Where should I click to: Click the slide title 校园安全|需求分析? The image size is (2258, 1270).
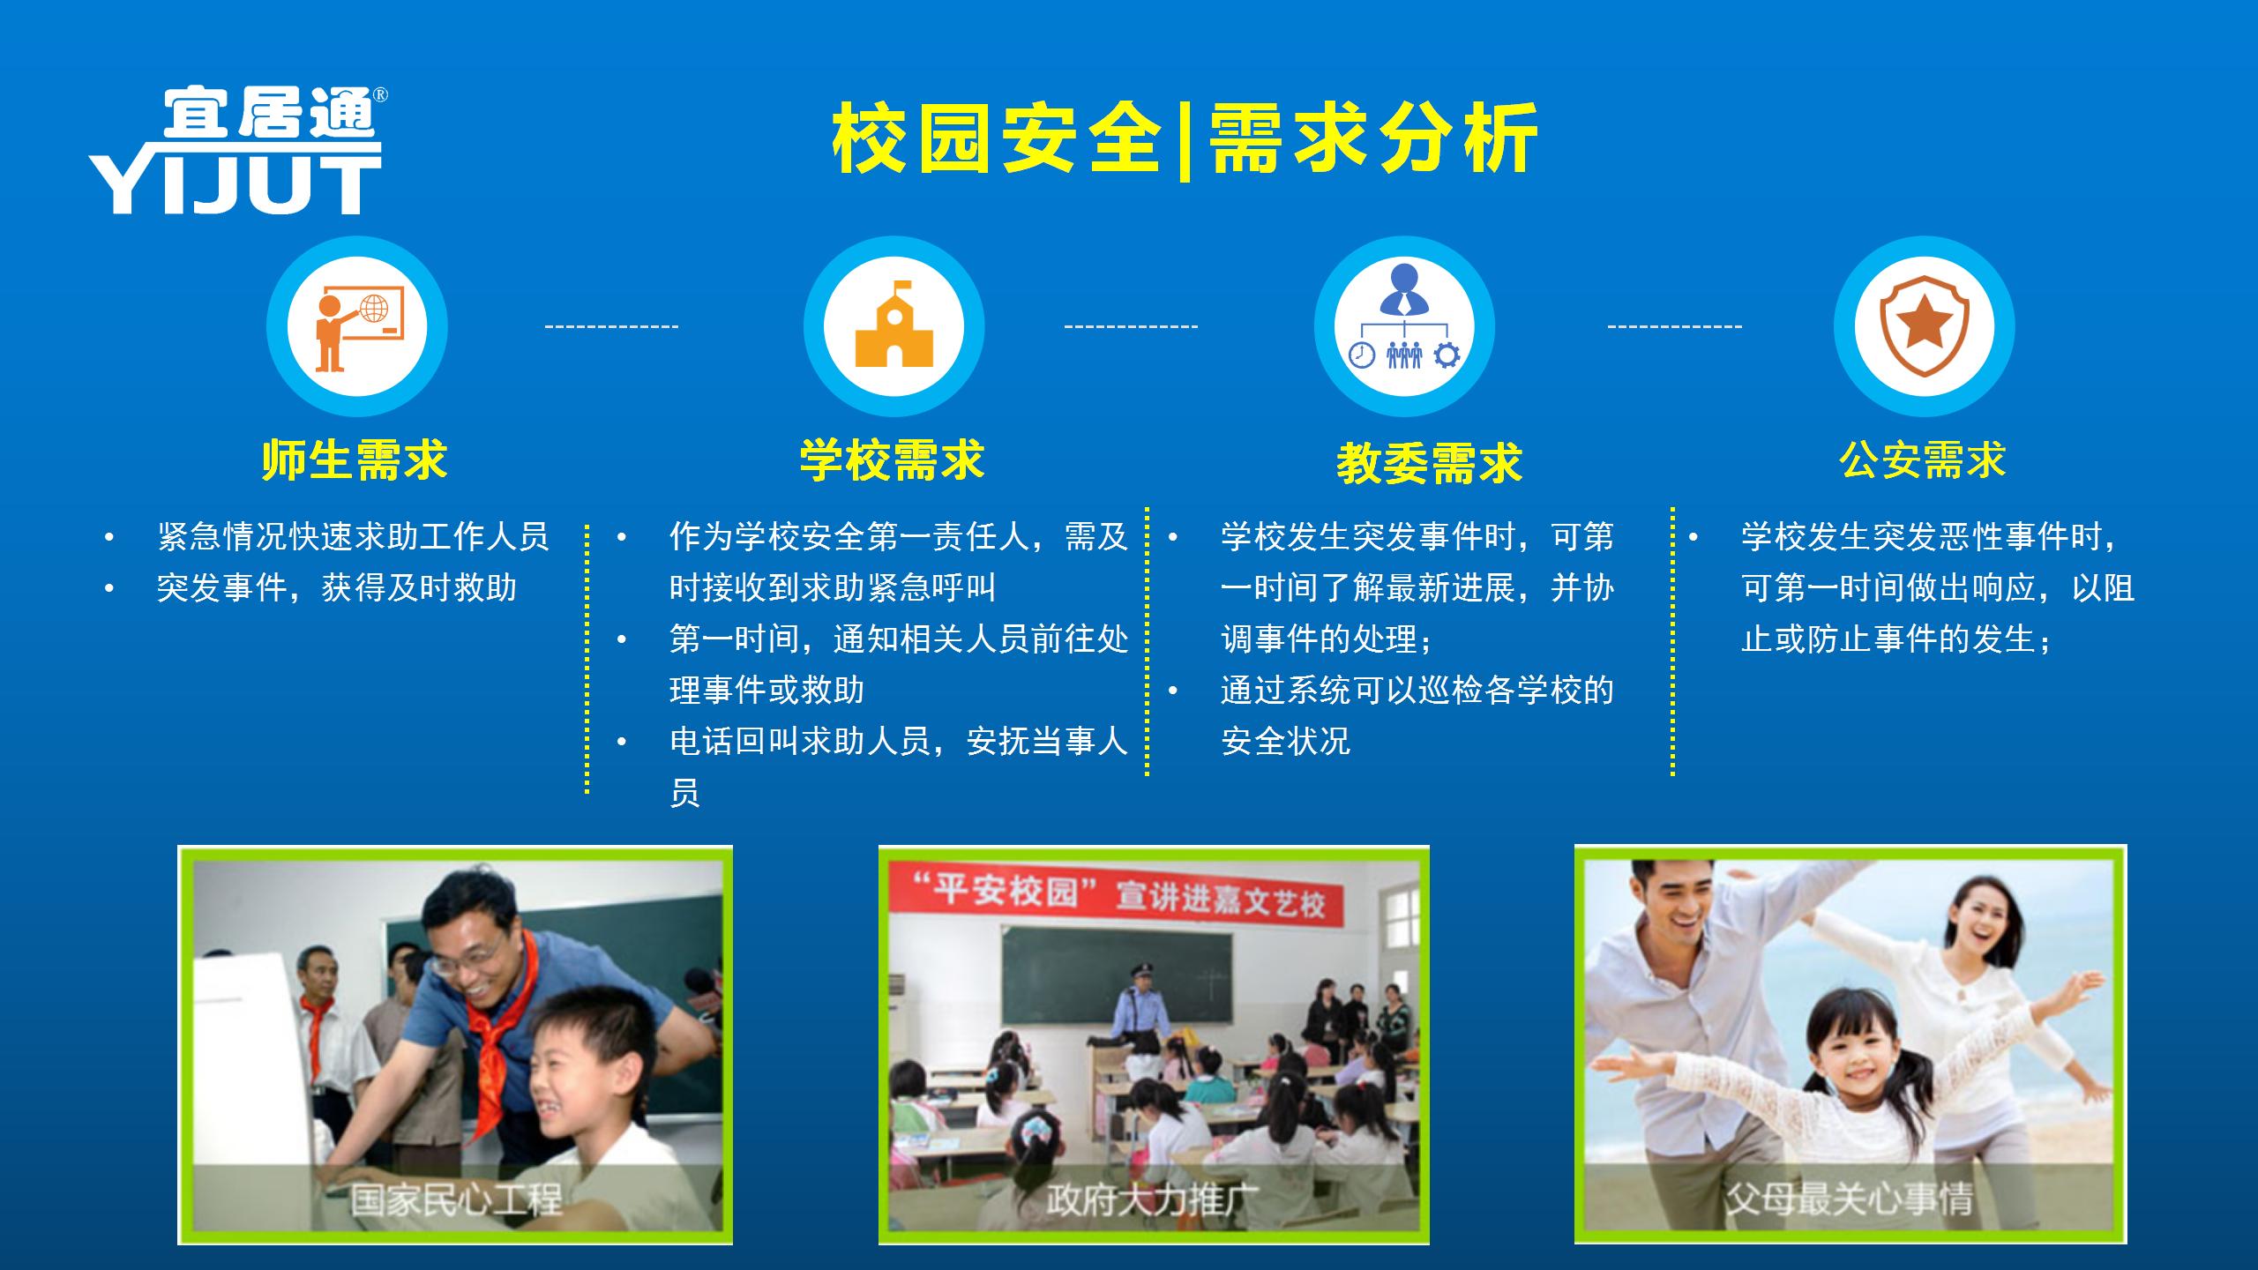[x=1185, y=139]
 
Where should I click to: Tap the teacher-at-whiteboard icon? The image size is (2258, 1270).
[x=358, y=327]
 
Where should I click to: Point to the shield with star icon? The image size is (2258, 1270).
[x=1924, y=325]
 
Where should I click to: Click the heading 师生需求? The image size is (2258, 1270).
[x=355, y=460]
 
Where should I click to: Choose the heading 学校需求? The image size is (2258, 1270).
[x=892, y=460]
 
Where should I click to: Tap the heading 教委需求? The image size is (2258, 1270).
[x=1429, y=464]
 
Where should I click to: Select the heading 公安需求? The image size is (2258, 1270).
[x=1923, y=460]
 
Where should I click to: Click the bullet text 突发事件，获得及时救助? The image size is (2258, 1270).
[x=337, y=587]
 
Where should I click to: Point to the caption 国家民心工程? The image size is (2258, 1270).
[x=456, y=1199]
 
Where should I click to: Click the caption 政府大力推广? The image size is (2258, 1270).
[x=1153, y=1199]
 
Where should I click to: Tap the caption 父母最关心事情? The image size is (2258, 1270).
[x=1849, y=1199]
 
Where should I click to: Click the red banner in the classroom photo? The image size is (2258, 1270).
[x=1116, y=893]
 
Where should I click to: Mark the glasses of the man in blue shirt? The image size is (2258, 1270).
[x=466, y=960]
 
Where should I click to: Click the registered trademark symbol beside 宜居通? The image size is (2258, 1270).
[x=381, y=94]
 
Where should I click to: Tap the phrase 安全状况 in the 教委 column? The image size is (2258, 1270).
[x=1286, y=741]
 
